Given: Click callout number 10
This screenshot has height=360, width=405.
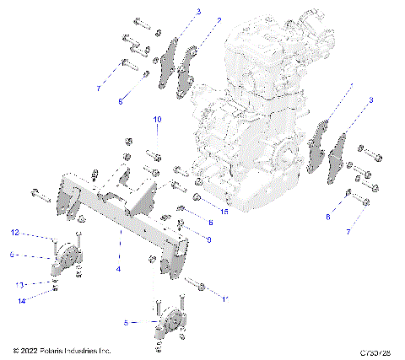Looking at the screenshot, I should pyautogui.click(x=156, y=120).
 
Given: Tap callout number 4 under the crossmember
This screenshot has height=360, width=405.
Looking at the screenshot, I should pyautogui.click(x=118, y=268).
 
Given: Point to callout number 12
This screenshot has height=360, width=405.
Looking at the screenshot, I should pyautogui.click(x=14, y=232).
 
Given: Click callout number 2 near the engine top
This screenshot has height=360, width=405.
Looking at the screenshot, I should pyautogui.click(x=219, y=19).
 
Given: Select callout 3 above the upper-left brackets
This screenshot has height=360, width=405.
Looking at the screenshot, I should pyautogui.click(x=198, y=11).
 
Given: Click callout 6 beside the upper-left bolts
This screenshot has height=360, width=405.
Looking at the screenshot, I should pyautogui.click(x=120, y=99).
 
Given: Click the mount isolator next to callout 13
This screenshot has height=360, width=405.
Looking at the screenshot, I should pyautogui.click(x=65, y=263).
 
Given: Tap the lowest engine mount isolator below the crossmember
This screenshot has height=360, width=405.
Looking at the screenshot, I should pyautogui.click(x=171, y=325).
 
